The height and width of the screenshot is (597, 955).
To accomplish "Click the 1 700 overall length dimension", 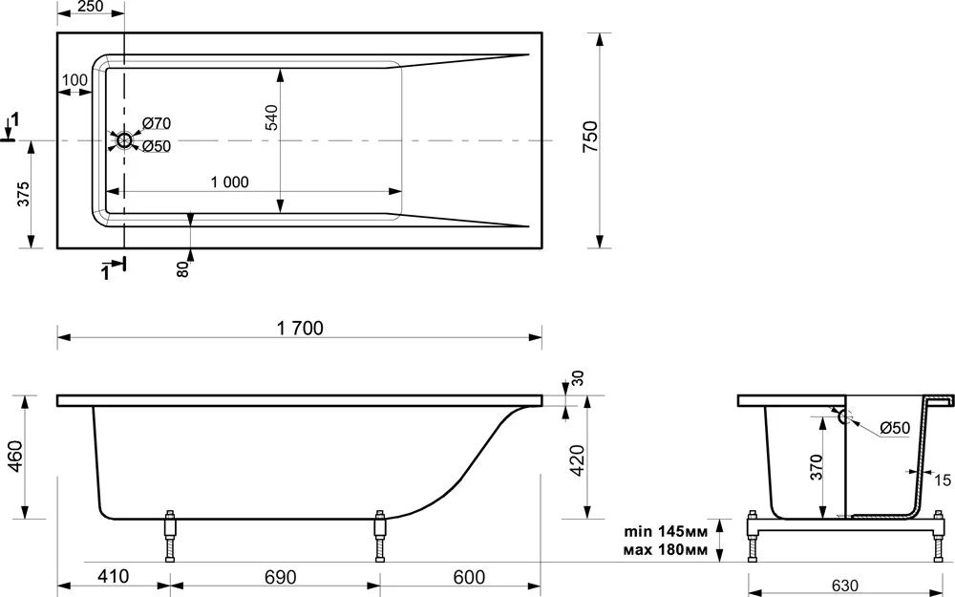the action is [x=300, y=328].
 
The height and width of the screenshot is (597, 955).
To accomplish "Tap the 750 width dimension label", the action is [x=591, y=137].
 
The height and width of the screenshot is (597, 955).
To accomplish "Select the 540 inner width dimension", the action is [x=271, y=117].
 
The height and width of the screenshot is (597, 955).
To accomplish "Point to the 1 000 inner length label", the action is [x=229, y=182].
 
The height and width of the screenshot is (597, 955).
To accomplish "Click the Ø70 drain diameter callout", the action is [x=157, y=123].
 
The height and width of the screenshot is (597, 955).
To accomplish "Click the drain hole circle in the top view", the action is [x=124, y=140].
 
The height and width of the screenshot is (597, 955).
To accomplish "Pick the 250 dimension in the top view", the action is [x=91, y=7].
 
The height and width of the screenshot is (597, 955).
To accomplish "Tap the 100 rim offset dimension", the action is [x=74, y=80].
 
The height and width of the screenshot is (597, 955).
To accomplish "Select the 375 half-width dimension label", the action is [x=23, y=194].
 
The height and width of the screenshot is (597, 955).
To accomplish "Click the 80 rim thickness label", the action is [x=182, y=268].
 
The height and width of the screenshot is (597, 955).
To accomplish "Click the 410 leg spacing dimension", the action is [x=113, y=576].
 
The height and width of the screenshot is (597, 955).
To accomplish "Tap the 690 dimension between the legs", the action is [x=280, y=576].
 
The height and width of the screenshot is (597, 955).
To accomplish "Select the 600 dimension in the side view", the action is [x=469, y=576].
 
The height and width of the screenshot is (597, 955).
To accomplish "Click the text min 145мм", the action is [x=666, y=531].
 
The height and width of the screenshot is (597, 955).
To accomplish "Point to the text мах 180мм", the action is [x=666, y=550].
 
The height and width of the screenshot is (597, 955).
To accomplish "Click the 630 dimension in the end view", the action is [x=845, y=586].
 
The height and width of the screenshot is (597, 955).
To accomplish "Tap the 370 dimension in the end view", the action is [x=817, y=467].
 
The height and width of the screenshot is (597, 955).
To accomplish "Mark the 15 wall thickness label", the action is [x=943, y=480].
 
